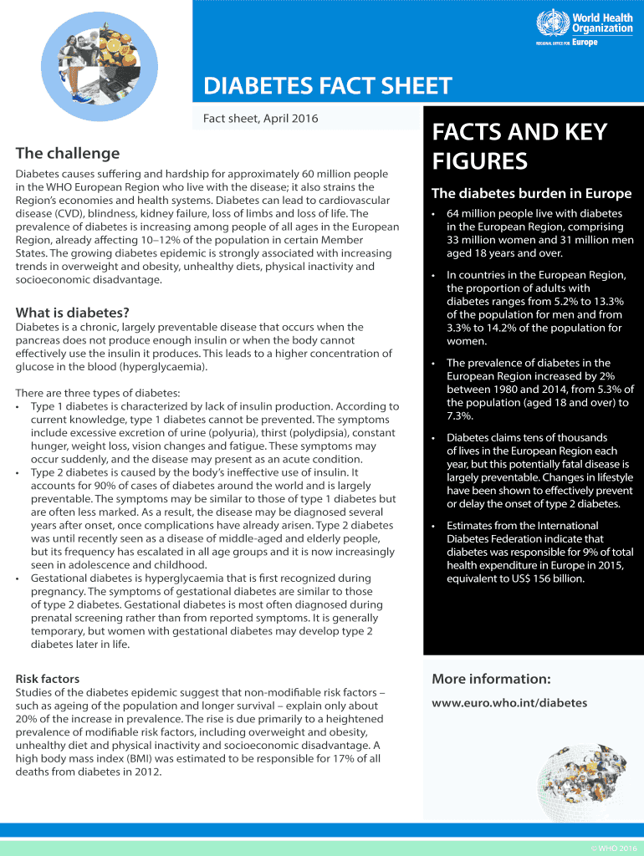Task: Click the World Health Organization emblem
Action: coord(552,22)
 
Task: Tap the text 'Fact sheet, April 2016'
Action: coord(260,119)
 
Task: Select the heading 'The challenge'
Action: coord(68,153)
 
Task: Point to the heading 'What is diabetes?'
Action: coord(72,313)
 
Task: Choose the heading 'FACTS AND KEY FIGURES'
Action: coord(519,146)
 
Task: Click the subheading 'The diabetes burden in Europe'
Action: coord(531,194)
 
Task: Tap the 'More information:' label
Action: coord(491,678)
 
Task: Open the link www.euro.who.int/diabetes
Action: coord(509,703)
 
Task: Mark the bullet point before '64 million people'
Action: coord(433,214)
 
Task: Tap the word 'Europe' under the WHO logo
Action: coord(585,42)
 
